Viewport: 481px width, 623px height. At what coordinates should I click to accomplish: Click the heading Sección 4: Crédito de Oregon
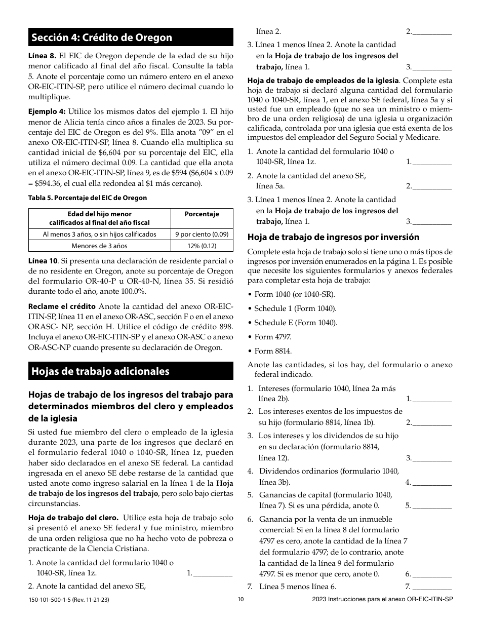click(x=101, y=37)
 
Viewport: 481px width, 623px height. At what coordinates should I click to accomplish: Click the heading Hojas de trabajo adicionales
click(x=100, y=371)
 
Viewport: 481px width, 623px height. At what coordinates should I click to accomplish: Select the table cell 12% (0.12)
click(x=202, y=246)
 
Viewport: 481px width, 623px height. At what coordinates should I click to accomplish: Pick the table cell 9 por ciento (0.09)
click(x=202, y=234)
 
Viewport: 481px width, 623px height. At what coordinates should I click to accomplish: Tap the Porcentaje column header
click(x=202, y=214)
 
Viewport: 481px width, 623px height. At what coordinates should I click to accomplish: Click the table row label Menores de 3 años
click(x=99, y=246)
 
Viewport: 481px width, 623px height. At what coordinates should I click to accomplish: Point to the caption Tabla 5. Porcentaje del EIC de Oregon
click(x=88, y=198)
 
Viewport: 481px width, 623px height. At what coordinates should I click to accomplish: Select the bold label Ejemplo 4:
click(x=47, y=111)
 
